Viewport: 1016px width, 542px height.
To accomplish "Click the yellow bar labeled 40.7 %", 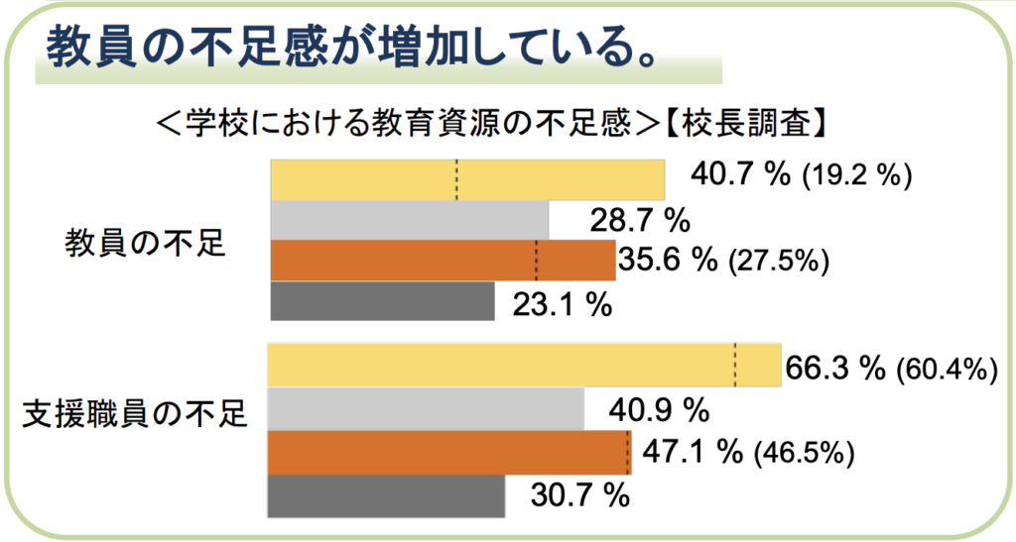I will point(466,179).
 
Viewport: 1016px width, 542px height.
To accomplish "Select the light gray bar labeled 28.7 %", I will point(409,220).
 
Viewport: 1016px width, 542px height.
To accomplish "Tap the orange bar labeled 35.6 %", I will point(443,261).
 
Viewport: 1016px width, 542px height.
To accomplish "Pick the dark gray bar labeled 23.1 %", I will point(382,301).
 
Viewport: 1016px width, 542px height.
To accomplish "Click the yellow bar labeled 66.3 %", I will point(524,365).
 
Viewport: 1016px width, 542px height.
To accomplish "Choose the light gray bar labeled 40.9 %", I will point(427,408).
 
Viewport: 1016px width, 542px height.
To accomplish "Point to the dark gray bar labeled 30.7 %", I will point(387,495).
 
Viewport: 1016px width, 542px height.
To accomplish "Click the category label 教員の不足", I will point(146,242).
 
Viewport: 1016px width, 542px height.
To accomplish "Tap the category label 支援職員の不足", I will point(134,413).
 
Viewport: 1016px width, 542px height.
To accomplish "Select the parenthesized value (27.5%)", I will point(779,261).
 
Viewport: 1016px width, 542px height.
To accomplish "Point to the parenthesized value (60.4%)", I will point(946,371).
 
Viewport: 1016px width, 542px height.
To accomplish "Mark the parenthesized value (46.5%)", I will point(805,454).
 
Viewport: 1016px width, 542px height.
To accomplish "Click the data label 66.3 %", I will point(834,370).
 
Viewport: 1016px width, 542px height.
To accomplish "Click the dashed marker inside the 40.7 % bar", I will point(456,179).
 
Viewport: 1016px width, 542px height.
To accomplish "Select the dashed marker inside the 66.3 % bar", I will point(735,365).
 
